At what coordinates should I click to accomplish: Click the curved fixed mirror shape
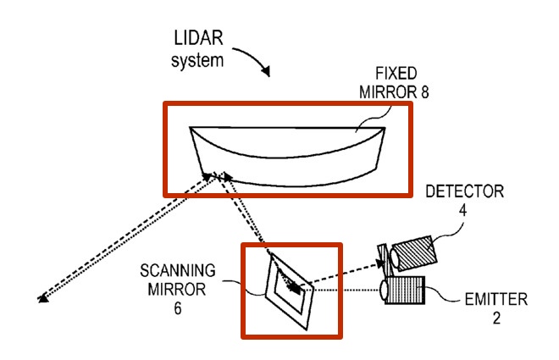[x=288, y=157]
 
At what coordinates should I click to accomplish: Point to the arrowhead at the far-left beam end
[x=42, y=297]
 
